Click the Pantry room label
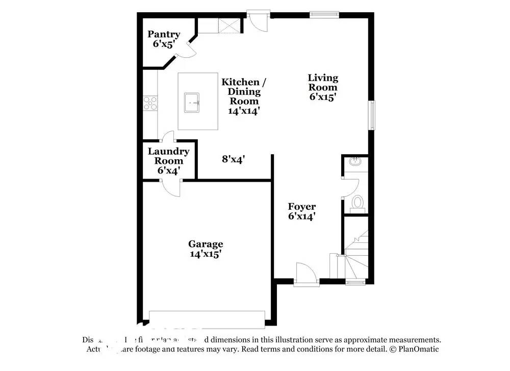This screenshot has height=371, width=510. pos(164,39)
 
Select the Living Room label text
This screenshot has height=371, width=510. pos(323,87)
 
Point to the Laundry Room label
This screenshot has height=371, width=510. pos(168,161)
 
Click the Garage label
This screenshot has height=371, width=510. pos(206,249)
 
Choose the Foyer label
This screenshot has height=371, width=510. pos(301,211)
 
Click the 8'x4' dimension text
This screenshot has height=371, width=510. pos(234,159)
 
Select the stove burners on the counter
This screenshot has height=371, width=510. pos(150,103)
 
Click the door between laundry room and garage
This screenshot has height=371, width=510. pos(171,188)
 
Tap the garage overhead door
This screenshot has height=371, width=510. pos(207,317)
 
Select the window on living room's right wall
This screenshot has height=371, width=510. pos(373,114)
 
